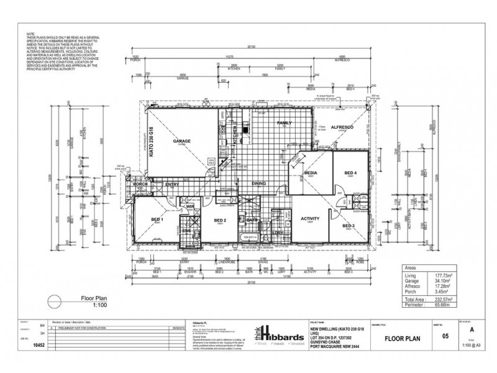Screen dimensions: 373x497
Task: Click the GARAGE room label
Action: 182,140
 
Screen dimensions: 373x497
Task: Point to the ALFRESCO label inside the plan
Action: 342,127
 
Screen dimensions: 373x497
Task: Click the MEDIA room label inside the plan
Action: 311,173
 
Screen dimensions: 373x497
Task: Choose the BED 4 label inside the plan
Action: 350,173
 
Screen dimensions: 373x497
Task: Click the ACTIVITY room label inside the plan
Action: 310,219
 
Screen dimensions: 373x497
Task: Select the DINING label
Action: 259,183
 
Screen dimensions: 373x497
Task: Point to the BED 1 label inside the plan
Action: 157,220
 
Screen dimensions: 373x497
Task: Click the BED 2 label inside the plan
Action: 219,220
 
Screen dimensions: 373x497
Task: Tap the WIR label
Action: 191,206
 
